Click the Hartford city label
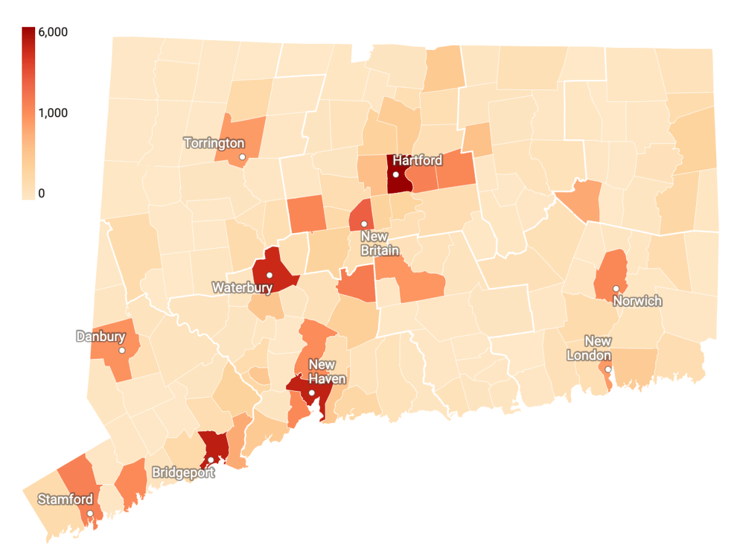pyautogui.click(x=417, y=160)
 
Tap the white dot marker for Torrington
pyautogui.click(x=242, y=157)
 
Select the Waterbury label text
pyautogui.click(x=242, y=287)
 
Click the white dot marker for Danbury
pyautogui.click(x=122, y=350)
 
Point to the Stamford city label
pyautogui.click(x=65, y=499)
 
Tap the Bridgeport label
pyautogui.click(x=184, y=473)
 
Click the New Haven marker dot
pyautogui.click(x=312, y=393)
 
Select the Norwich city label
pyautogui.click(x=637, y=301)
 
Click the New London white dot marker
pyautogui.click(x=607, y=369)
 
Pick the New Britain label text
pyautogui.click(x=379, y=244)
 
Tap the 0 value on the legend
pyautogui.click(x=41, y=194)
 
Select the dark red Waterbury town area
pyautogui.click(x=274, y=262)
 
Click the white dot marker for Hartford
pyautogui.click(x=396, y=175)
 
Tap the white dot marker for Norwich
pyautogui.click(x=615, y=289)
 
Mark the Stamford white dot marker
pyautogui.click(x=89, y=513)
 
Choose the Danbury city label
pyautogui.click(x=101, y=337)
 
